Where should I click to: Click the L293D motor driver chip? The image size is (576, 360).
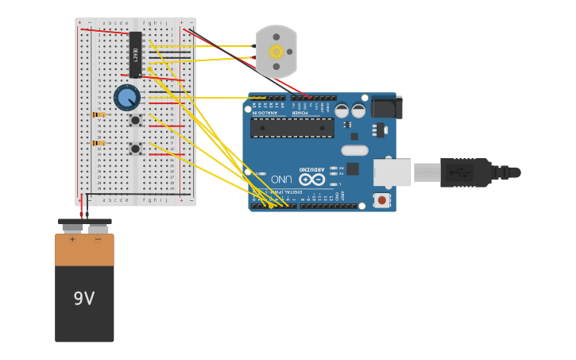135,54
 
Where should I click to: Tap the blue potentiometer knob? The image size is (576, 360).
126,98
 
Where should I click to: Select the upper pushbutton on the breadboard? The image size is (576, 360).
135,120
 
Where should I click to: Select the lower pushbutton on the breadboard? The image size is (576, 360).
135,148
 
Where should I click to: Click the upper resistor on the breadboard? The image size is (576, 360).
99,114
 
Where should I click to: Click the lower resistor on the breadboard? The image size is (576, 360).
99,143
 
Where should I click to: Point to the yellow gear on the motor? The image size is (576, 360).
276,52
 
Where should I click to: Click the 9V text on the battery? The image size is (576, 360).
84,299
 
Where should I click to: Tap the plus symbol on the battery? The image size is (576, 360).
72,239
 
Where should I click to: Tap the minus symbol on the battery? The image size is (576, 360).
98,239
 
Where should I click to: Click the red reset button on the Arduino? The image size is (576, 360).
382,200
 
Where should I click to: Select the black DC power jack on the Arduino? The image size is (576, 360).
387,107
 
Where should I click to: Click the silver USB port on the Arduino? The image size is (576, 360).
392,172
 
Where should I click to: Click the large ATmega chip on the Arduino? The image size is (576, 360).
292,127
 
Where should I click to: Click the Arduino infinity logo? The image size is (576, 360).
311,180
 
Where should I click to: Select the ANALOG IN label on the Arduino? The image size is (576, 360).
266,113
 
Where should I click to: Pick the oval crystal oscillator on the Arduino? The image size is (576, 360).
354,150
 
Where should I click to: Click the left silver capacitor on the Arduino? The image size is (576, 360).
342,111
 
